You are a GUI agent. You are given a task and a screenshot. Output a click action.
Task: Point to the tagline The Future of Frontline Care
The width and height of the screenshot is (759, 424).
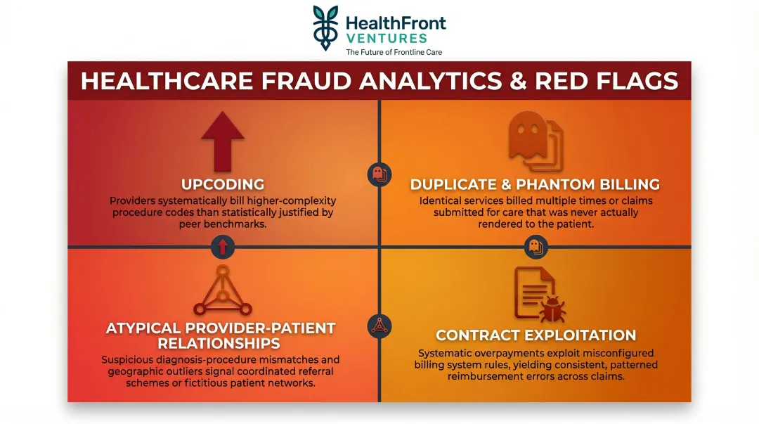click(x=394, y=52)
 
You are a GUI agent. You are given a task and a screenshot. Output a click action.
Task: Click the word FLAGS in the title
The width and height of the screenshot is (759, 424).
click(x=636, y=81)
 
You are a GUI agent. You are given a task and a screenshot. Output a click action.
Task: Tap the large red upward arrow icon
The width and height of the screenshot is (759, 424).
click(x=222, y=141)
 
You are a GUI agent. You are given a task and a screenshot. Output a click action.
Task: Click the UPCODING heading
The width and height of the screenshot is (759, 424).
click(x=222, y=184)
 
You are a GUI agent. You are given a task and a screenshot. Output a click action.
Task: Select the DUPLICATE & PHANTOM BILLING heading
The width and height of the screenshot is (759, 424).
click(x=535, y=184)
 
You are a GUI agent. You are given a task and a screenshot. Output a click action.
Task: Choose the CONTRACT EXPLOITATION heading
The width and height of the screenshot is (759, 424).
click(x=536, y=335)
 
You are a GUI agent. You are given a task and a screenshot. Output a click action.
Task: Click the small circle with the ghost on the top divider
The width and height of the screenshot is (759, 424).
click(x=379, y=174)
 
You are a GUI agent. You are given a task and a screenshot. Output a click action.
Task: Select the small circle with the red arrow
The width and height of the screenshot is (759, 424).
click(x=222, y=246)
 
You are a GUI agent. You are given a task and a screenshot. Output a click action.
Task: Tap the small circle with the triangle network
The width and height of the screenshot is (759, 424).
click(x=379, y=325)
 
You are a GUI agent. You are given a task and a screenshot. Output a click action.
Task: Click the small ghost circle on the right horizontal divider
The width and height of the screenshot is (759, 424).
click(x=536, y=246)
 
